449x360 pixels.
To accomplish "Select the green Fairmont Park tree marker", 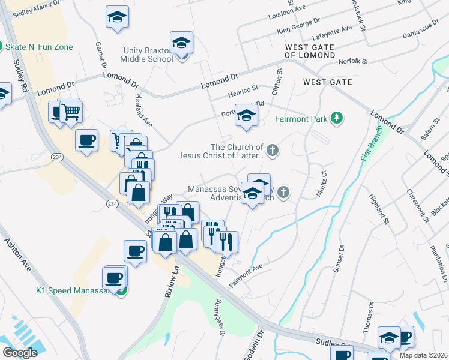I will coord(338,118).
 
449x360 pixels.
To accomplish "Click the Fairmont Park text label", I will coord(301,119).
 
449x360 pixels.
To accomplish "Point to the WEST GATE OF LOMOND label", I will coord(310,51).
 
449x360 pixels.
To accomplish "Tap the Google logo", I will coord(20,353).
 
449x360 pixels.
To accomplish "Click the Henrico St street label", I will coord(243,92).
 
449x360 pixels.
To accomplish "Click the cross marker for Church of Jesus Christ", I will coord(273,150).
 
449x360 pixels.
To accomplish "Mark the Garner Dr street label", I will coord(100,55).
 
